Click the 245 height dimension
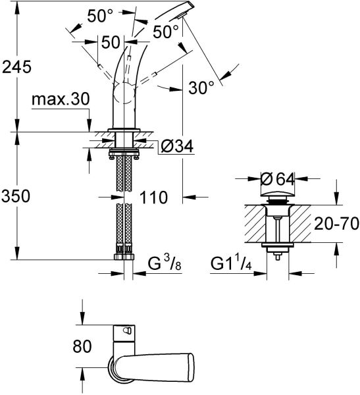[x=16, y=66]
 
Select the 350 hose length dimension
[x=16, y=196]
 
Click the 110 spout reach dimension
[x=152, y=196]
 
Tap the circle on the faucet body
[x=126, y=99]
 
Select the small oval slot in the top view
[x=128, y=330]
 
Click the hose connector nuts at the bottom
[x=122, y=251]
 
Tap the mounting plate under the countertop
[x=122, y=152]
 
